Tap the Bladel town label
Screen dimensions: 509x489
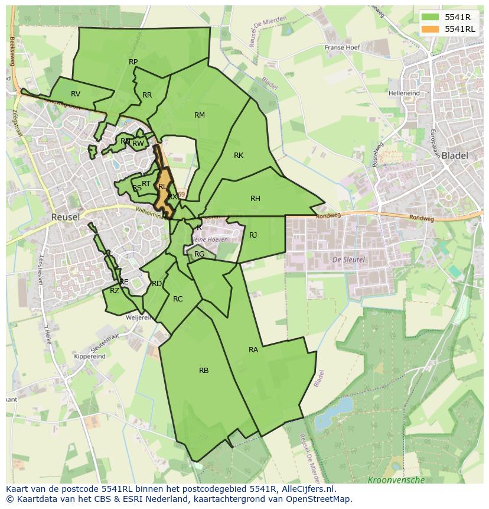click(454, 156)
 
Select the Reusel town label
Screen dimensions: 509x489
click(65, 217)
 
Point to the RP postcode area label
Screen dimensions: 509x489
click(133, 62)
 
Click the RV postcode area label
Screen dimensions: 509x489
click(76, 94)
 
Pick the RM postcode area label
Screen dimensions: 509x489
click(200, 115)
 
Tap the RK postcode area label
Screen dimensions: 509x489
click(239, 155)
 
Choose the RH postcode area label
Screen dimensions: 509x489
click(255, 199)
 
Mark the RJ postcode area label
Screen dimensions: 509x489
click(253, 235)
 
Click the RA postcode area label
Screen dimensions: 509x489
click(253, 350)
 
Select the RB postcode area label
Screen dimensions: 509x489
click(204, 371)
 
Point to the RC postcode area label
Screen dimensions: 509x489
click(178, 299)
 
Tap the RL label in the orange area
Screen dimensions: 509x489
click(162, 187)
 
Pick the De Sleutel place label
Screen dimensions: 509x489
click(348, 260)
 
